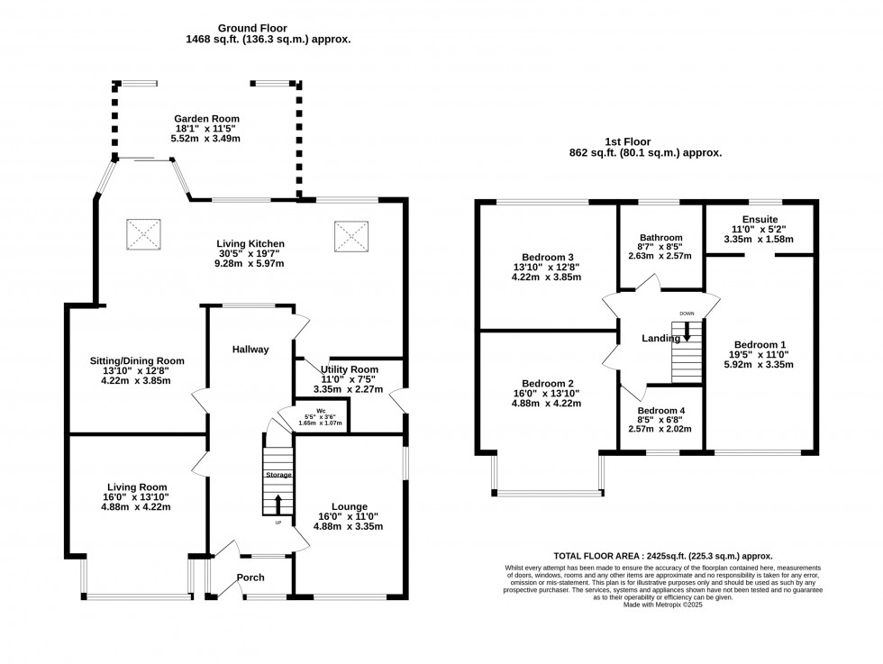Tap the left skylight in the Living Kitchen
[x=141, y=235]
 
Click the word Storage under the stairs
[x=278, y=474]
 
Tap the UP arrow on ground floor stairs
[x=278, y=505]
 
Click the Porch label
[x=250, y=578]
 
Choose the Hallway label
[x=250, y=350]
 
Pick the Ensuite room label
[x=760, y=219]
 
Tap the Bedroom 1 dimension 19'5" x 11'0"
[x=760, y=354]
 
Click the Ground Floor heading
[x=268, y=27]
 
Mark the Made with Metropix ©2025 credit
[x=662, y=605]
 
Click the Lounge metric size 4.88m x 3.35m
[x=348, y=526]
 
